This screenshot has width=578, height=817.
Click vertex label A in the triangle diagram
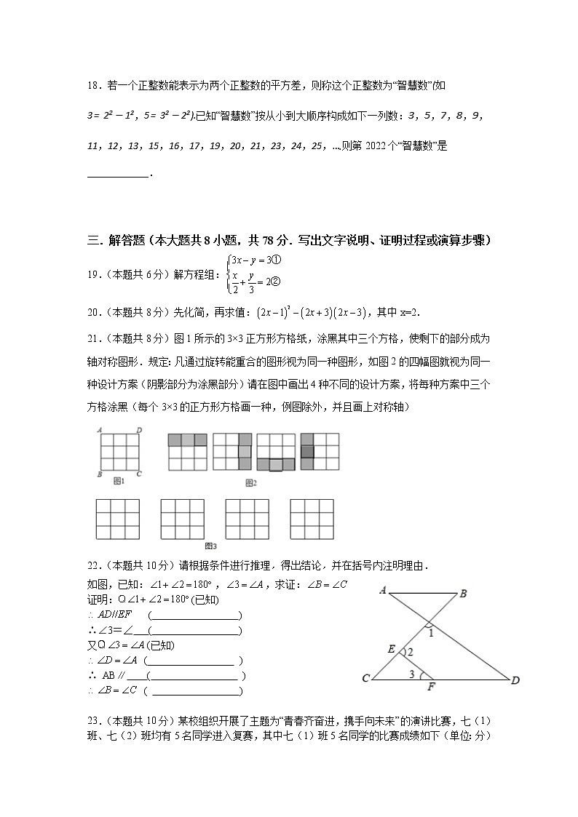(x=382, y=590)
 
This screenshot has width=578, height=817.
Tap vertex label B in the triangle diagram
(x=462, y=594)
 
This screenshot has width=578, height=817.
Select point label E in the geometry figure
(x=392, y=649)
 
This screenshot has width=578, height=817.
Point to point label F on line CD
(x=431, y=686)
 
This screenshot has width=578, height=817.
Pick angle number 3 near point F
(x=412, y=674)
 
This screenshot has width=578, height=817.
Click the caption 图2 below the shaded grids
(x=251, y=482)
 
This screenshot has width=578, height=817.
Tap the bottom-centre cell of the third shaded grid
(x=276, y=463)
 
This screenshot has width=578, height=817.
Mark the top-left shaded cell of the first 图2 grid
(x=175, y=440)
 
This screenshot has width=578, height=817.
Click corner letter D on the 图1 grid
(x=138, y=430)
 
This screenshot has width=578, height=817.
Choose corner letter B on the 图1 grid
(x=98, y=474)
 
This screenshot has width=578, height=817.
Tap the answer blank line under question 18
(x=117, y=175)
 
